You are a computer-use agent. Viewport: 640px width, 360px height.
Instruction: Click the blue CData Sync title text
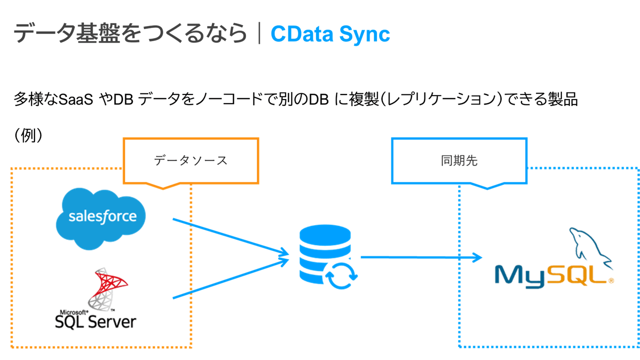click(330, 34)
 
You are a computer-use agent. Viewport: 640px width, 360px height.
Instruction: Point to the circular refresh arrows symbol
click(341, 274)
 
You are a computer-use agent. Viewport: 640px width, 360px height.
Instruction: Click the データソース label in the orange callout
click(190, 160)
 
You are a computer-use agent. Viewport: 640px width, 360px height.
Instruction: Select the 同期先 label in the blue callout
click(459, 160)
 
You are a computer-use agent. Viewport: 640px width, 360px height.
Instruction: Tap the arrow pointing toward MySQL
click(420, 257)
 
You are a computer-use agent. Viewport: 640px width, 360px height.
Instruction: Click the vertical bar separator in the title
click(259, 34)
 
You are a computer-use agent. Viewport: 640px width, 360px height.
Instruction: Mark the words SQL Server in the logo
click(95, 321)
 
